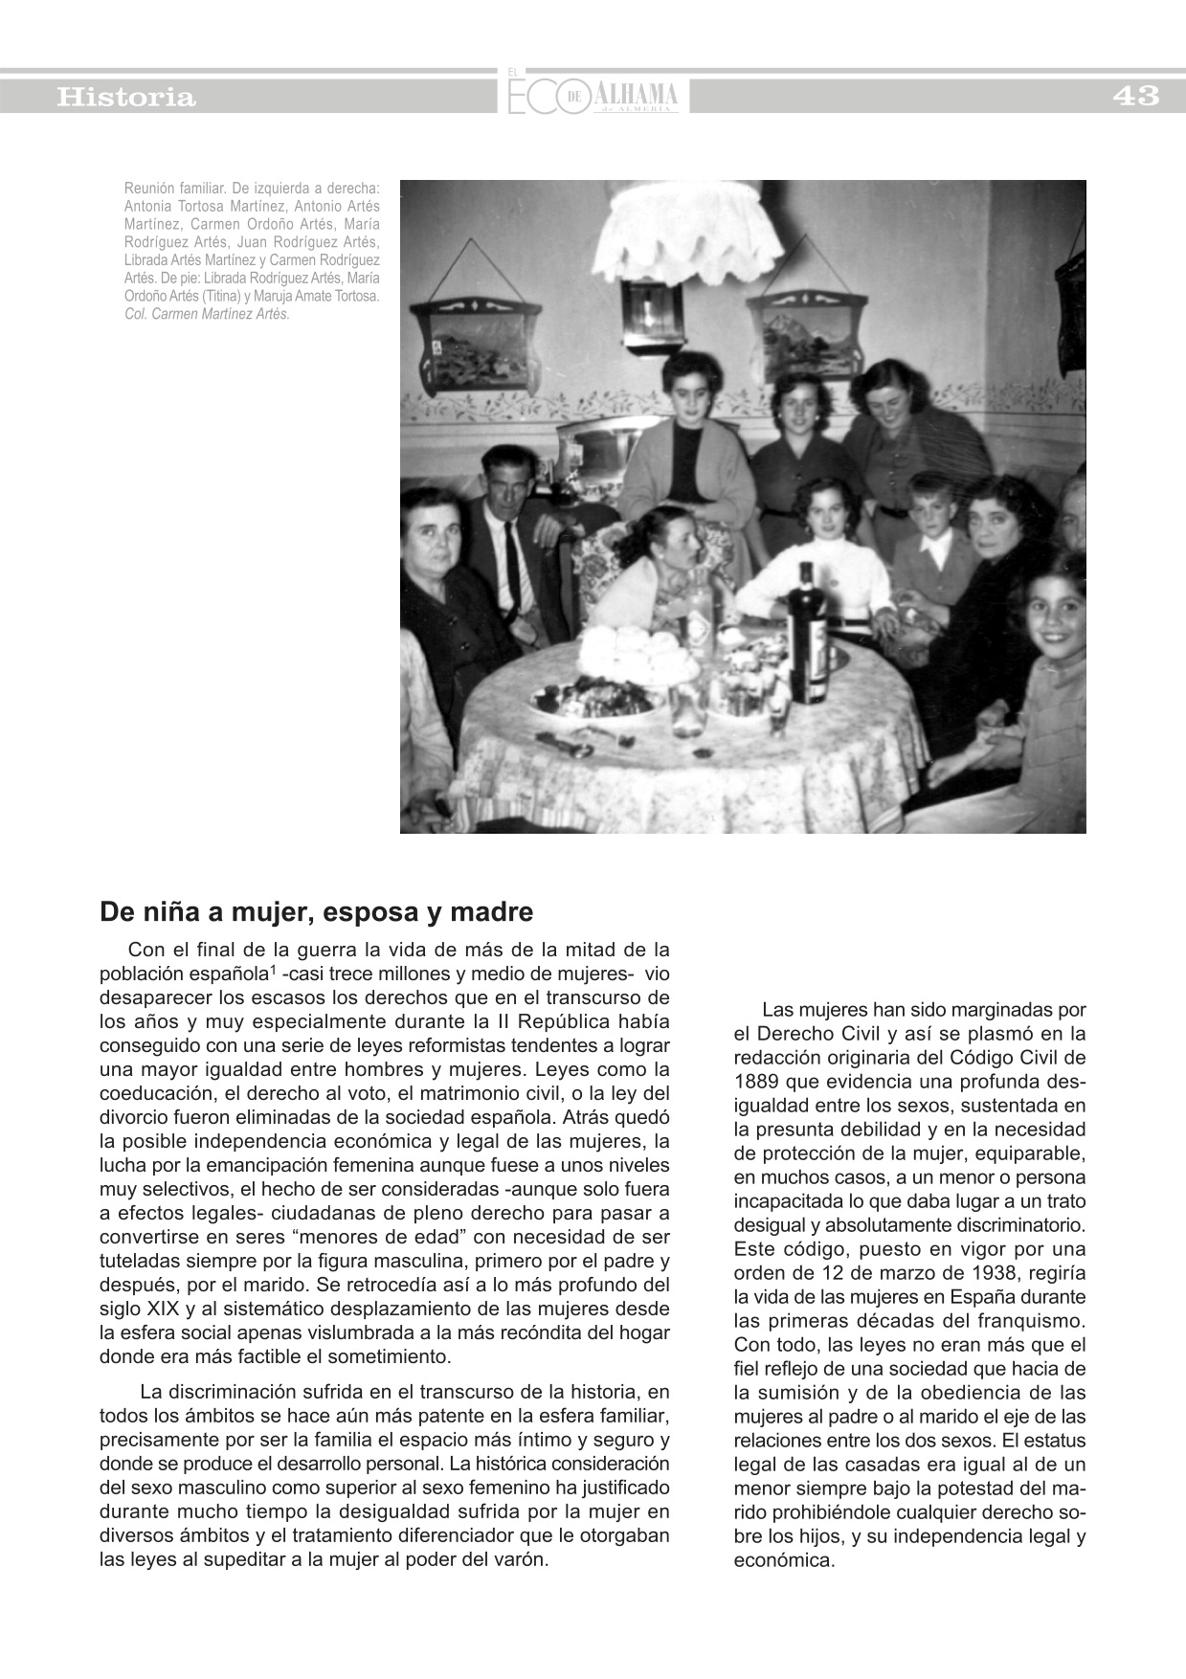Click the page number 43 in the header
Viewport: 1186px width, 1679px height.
1135,96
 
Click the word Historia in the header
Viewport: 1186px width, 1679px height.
126,97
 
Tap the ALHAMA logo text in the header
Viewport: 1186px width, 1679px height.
636,95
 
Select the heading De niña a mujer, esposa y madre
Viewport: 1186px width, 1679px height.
316,912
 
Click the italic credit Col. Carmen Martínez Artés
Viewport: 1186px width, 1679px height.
207,314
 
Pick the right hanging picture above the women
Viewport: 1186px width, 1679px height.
807,335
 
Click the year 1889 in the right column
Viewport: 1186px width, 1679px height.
756,1082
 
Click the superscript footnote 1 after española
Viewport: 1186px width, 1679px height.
273,971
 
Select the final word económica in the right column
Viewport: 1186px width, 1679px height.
783,1560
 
